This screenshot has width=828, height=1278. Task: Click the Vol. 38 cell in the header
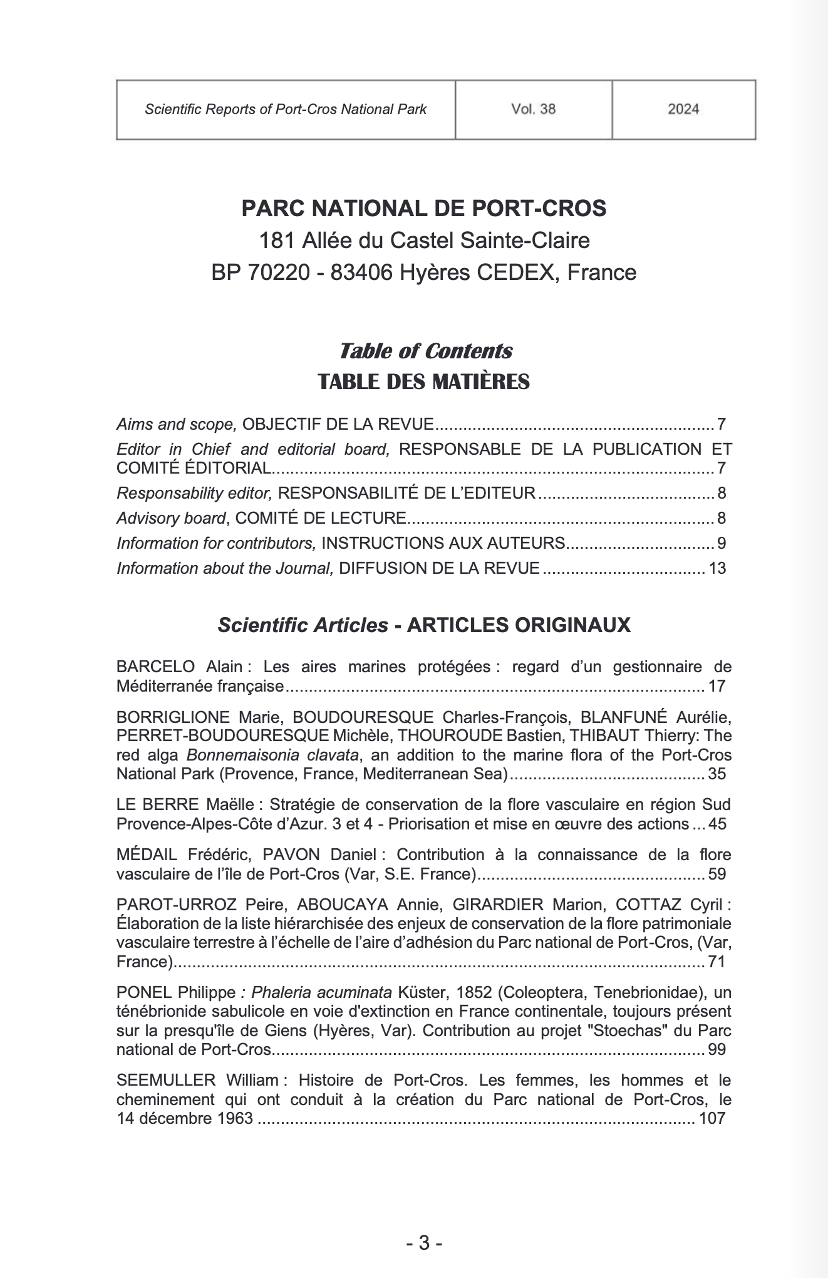(533, 109)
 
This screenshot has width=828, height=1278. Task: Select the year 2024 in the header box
(683, 109)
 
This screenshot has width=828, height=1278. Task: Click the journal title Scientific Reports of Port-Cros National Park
(286, 110)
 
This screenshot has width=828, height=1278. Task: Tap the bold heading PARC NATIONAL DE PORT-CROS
(423, 208)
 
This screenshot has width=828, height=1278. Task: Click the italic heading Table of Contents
(425, 351)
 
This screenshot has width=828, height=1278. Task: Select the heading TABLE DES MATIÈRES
(423, 381)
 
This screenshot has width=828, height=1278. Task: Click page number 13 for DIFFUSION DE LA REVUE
(717, 568)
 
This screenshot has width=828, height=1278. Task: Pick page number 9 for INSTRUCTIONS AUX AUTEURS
(722, 543)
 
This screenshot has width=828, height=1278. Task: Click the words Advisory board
(170, 518)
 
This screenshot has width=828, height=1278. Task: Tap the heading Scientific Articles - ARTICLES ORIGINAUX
(424, 625)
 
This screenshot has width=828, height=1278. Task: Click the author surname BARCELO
(148, 667)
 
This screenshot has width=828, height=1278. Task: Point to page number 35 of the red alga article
(717, 773)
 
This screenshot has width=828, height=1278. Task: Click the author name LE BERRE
(144, 804)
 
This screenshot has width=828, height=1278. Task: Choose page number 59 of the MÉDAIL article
(717, 873)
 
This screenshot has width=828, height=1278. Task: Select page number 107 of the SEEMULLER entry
(712, 1118)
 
